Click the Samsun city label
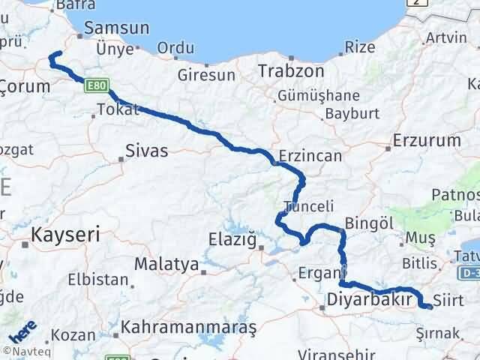pos(117,28)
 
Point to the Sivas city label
pos(147,150)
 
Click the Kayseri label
pos(65,235)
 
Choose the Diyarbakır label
pos(371,300)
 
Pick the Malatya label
pos(166,265)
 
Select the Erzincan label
pos(310,156)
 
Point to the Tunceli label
pos(304,205)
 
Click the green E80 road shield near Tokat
pos(95,84)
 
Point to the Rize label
pos(360,46)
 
